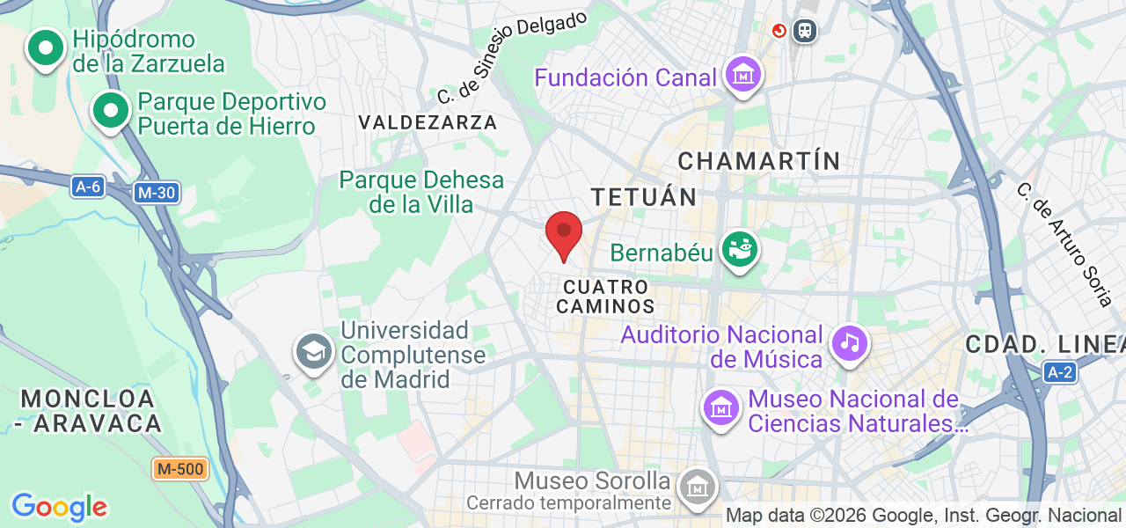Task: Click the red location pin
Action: click(x=564, y=233)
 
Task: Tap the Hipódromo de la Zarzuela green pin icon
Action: click(x=46, y=48)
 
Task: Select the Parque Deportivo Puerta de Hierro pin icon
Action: click(x=111, y=111)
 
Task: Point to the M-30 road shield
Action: click(x=157, y=192)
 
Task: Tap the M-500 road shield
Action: click(x=179, y=469)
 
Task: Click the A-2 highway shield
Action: click(x=1060, y=372)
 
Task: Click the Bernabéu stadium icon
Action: click(x=740, y=251)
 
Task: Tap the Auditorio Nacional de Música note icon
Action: click(x=849, y=341)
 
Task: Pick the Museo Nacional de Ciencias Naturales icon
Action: click(x=721, y=408)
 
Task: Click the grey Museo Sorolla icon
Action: click(x=698, y=486)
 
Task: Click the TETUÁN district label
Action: click(x=644, y=196)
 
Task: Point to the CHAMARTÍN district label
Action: click(x=759, y=161)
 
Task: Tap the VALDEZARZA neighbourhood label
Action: click(x=428, y=122)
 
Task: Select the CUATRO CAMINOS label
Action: click(x=607, y=297)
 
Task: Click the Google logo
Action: click(x=59, y=507)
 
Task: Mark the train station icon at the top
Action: click(x=804, y=32)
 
